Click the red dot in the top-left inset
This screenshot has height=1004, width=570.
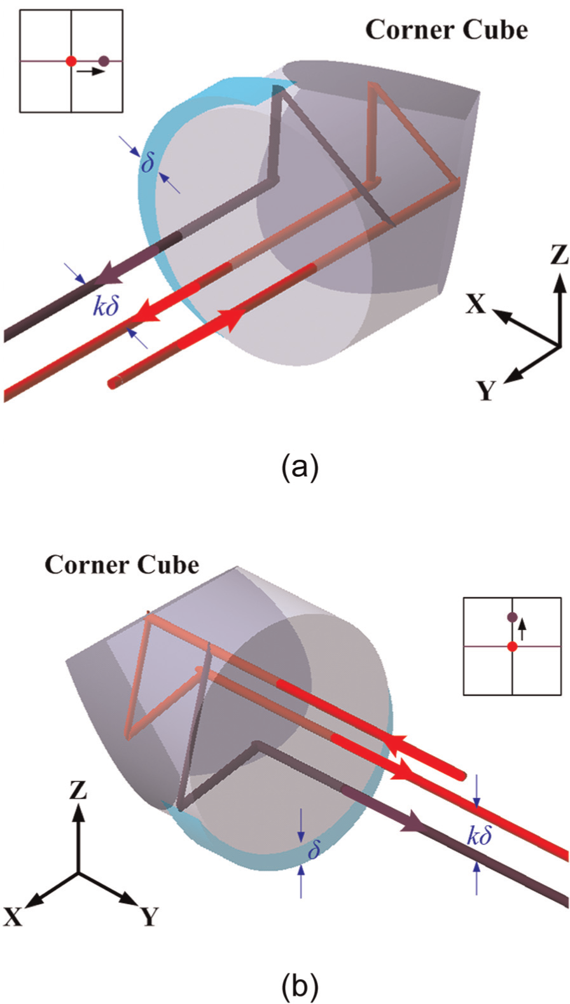71,61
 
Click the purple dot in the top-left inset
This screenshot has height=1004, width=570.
104,61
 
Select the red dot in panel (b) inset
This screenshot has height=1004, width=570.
512,646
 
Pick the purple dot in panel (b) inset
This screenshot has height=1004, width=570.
512,617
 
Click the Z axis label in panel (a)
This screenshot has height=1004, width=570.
559,254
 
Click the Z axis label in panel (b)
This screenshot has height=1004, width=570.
78,790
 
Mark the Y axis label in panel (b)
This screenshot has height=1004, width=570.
149,916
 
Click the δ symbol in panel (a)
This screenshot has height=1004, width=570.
148,162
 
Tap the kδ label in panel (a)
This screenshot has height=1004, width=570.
106,306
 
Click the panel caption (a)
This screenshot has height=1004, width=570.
300,467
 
